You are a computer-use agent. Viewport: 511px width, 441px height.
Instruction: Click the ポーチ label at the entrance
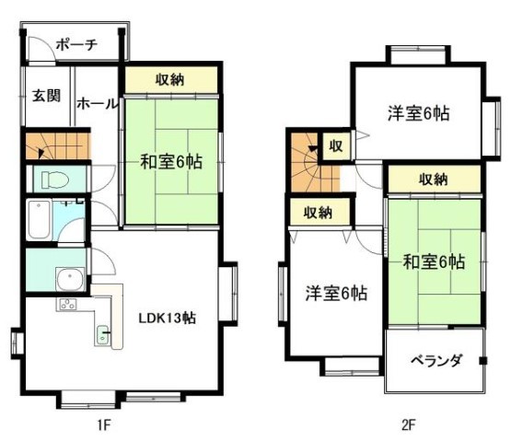(77, 45)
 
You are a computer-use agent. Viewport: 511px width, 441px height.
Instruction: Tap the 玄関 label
(46, 96)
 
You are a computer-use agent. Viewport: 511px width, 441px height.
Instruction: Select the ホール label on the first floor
(97, 104)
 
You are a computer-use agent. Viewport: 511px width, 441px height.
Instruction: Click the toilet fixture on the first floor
(54, 180)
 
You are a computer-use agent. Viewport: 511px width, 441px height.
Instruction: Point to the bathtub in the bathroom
(39, 219)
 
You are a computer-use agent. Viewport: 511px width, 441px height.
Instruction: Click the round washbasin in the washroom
(70, 279)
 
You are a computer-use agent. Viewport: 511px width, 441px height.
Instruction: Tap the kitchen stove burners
(68, 305)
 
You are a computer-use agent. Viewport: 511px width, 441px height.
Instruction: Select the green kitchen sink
(103, 335)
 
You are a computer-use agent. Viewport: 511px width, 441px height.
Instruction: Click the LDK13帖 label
(167, 318)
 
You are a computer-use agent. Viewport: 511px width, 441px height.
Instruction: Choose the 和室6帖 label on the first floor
(171, 161)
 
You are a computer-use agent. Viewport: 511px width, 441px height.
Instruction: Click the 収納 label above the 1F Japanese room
(169, 80)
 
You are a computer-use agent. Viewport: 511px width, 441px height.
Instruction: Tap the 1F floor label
(104, 425)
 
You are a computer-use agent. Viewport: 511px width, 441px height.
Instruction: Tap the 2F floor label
(409, 425)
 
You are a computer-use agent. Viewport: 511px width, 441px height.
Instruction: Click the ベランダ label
(436, 361)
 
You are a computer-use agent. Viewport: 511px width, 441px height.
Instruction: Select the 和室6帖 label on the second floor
(434, 261)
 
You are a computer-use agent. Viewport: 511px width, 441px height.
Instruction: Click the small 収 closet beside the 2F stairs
(336, 146)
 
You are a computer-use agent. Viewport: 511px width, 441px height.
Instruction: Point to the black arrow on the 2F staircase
(313, 149)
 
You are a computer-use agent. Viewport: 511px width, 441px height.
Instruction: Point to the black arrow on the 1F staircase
(41, 153)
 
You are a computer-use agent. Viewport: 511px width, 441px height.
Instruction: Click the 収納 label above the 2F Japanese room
(433, 180)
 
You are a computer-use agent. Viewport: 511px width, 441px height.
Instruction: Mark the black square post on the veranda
(483, 361)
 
